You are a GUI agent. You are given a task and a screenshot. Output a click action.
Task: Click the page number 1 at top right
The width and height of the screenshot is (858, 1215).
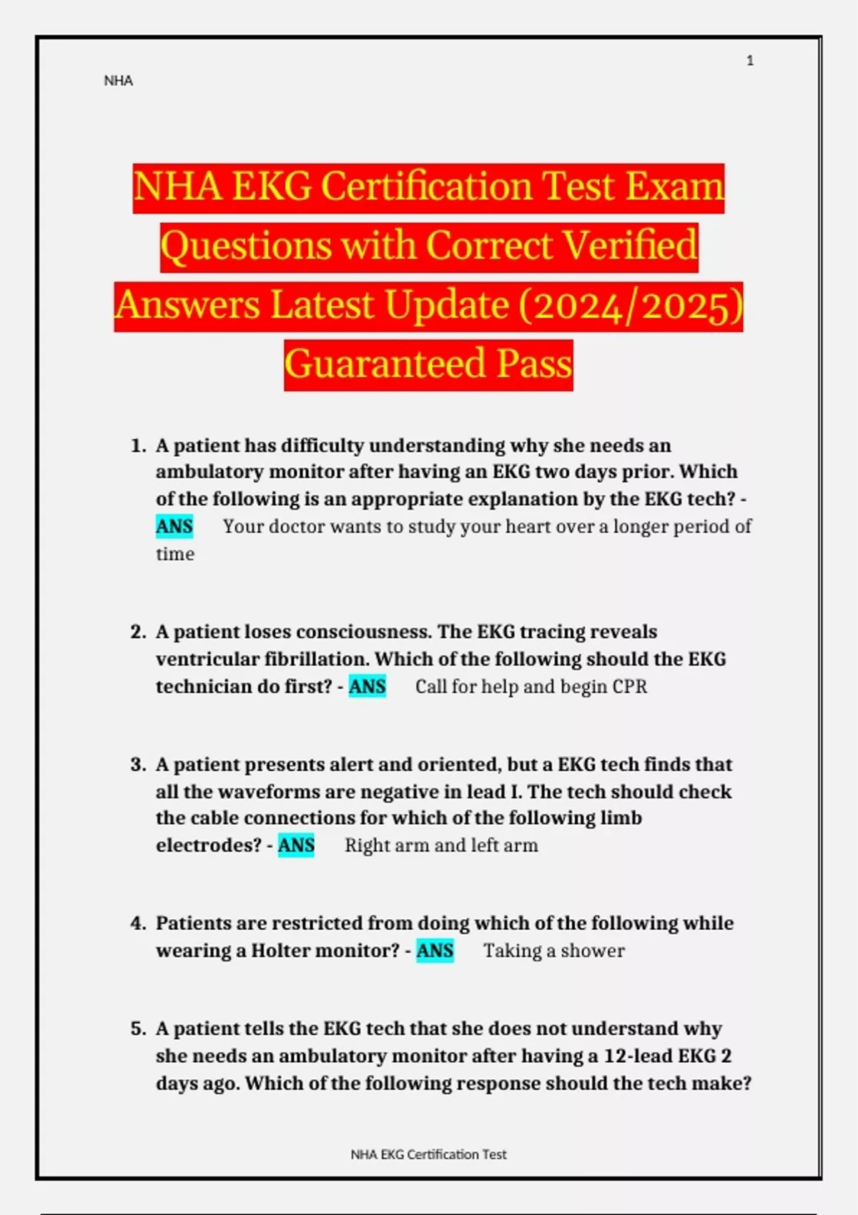(750, 61)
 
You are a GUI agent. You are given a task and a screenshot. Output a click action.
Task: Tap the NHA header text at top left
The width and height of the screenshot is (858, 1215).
(118, 81)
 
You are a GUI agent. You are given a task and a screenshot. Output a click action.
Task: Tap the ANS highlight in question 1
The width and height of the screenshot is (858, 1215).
(174, 527)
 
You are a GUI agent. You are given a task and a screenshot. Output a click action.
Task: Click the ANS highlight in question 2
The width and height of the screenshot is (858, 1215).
(367, 687)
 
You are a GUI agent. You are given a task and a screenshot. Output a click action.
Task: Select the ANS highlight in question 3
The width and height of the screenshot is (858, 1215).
(296, 845)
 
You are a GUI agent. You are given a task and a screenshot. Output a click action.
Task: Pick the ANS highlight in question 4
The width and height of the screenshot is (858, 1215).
(435, 951)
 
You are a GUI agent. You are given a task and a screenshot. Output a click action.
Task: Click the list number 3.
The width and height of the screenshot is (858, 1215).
(137, 765)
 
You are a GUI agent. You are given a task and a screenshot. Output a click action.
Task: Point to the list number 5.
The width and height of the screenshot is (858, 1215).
(137, 1029)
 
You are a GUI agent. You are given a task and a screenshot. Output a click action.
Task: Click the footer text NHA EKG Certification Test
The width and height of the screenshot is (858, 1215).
(428, 1154)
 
